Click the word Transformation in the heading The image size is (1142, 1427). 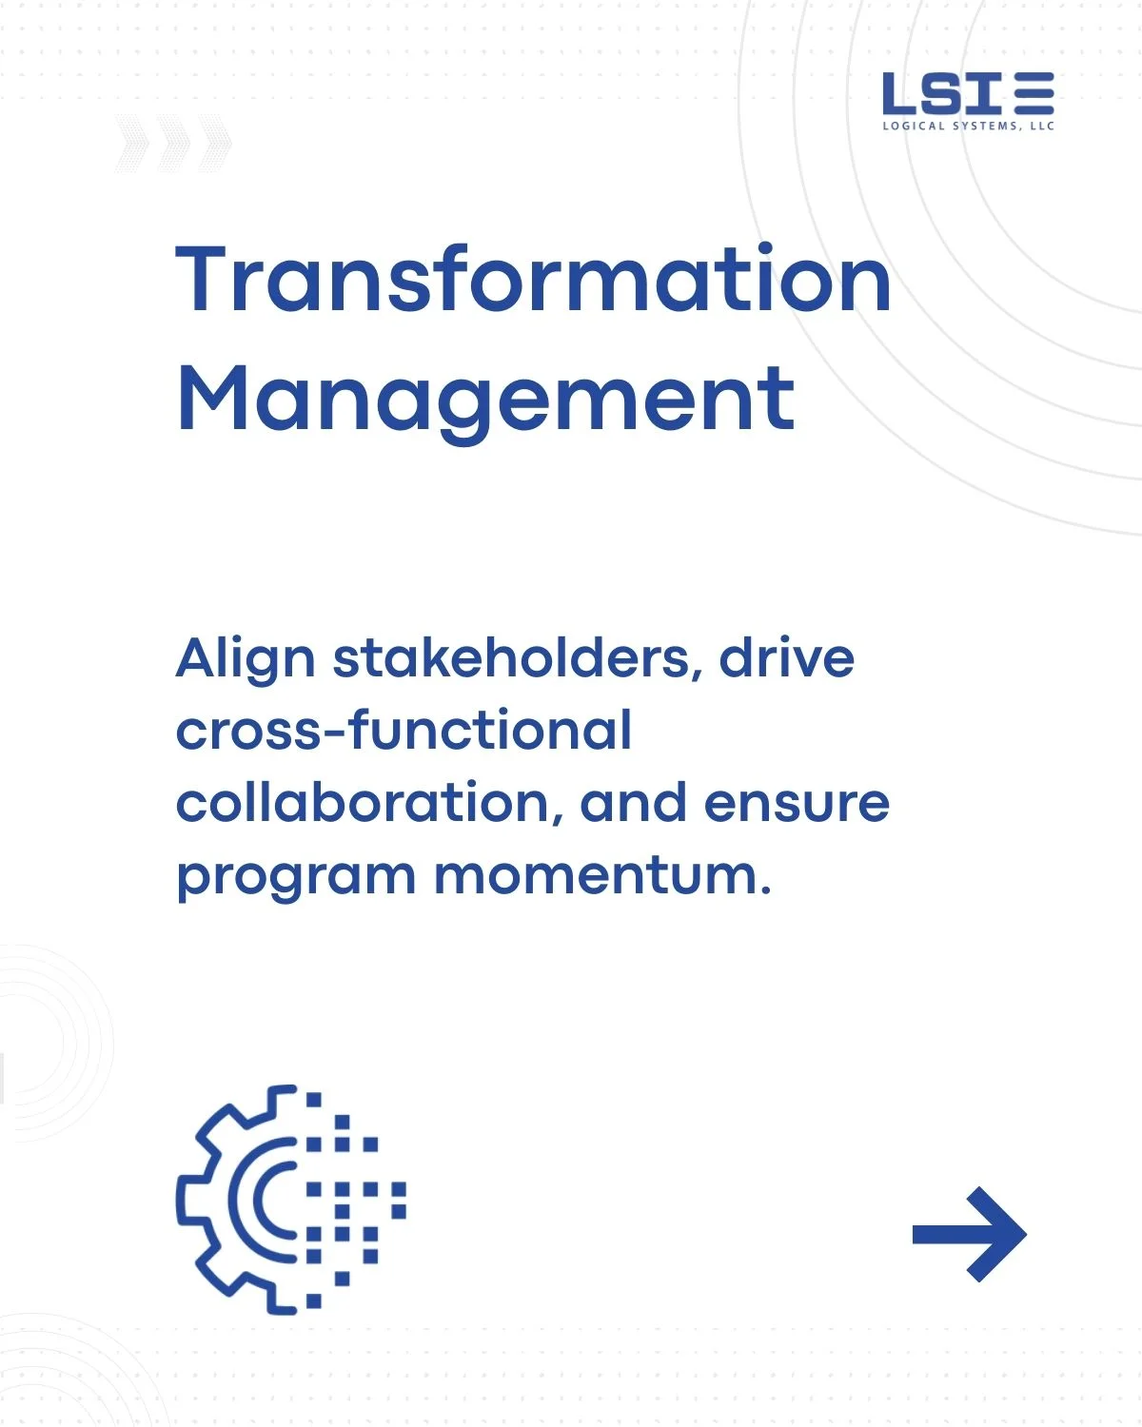pos(533,278)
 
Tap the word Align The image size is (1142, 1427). pos(246,660)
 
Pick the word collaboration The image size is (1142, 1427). pos(369,804)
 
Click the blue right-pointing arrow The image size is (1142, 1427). pos(970,1234)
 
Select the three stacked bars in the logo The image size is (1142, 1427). pos(1034,92)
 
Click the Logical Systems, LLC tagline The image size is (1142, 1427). pos(968,126)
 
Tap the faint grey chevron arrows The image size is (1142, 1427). pos(174,144)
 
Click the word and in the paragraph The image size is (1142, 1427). pos(633,803)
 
